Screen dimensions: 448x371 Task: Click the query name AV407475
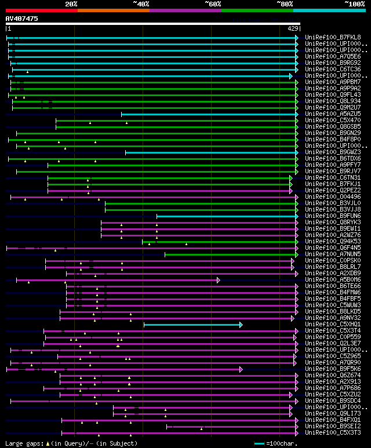22,19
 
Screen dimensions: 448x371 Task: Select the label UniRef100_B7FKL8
333,38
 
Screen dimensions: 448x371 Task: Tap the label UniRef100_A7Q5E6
333,57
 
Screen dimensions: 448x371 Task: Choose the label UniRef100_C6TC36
333,70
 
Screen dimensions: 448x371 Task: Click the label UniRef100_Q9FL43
333,95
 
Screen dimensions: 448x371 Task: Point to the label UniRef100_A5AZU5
333,114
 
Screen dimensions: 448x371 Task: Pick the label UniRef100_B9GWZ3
333,152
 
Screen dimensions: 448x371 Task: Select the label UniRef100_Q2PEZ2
333,191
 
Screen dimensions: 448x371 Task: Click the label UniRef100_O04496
333,197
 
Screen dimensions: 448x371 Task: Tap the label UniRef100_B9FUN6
333,216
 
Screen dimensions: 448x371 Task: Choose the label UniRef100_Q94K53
333,242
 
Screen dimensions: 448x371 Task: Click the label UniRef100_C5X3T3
333,433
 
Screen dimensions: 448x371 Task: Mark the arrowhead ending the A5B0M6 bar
219,280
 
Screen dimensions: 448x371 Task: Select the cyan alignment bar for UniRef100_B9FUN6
226,216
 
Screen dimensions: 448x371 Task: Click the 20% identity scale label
71,4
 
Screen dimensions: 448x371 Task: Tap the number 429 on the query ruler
293,28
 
